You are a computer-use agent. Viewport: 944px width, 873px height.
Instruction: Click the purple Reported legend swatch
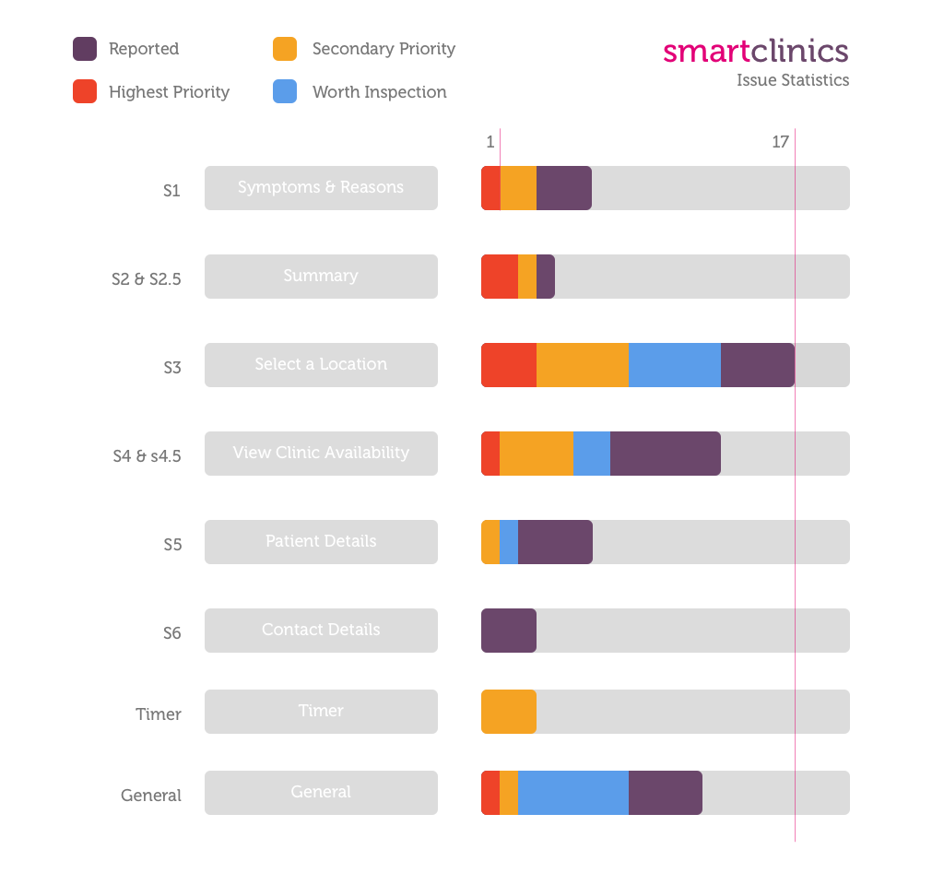(85, 49)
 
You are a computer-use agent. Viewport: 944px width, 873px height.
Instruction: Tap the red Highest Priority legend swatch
(85, 92)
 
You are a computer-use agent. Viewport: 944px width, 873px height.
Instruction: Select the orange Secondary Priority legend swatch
(285, 49)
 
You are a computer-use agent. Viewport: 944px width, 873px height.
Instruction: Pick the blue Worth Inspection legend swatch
(285, 92)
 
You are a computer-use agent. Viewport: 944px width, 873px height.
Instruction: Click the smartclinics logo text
(755, 51)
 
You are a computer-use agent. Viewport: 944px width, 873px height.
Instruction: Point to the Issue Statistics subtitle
(793, 80)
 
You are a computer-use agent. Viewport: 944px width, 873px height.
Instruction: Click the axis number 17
(780, 142)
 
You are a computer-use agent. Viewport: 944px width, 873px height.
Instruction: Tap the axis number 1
(490, 142)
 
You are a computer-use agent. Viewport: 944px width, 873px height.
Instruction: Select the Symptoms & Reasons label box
(321, 188)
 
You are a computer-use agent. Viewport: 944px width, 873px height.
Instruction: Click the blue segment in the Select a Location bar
(675, 365)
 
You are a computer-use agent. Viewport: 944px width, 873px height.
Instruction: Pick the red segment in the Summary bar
(500, 277)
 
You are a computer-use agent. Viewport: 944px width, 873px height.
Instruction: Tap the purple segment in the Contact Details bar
(509, 631)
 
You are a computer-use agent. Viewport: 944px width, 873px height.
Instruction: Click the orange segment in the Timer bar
(509, 712)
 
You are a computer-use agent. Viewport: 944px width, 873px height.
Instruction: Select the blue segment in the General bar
(573, 793)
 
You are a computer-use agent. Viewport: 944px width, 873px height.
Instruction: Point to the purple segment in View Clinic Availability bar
(666, 454)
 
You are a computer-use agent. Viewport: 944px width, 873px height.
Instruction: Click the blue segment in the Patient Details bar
(509, 542)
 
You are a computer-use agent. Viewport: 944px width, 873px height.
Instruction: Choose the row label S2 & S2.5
(147, 279)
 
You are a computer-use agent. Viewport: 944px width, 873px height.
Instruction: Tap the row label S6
(172, 633)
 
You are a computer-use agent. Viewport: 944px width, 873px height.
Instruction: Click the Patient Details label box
(321, 542)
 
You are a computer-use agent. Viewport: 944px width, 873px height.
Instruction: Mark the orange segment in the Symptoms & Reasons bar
(518, 188)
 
